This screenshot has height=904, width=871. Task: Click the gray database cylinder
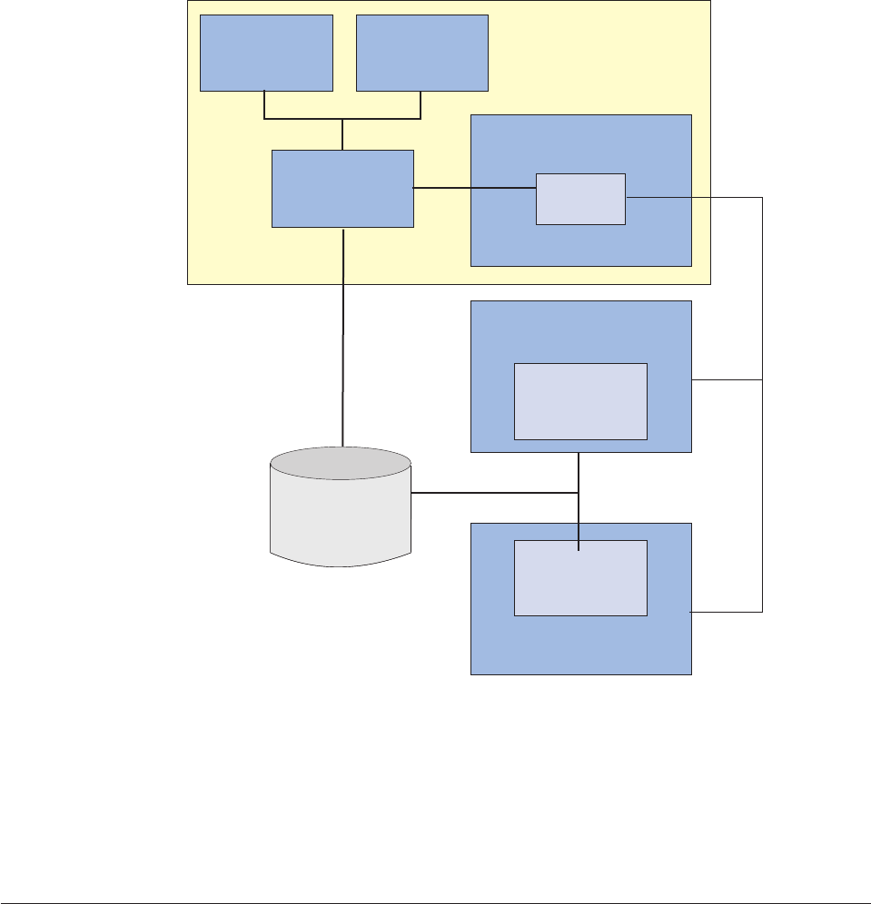[x=341, y=517]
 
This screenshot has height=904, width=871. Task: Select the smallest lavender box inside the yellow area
[x=580, y=198]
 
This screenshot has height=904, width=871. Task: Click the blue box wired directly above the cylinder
[x=342, y=188]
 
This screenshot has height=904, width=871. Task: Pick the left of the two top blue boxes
[x=266, y=53]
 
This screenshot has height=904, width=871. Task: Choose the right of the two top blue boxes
[x=422, y=53]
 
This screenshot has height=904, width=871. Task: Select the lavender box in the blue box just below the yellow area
[x=580, y=401]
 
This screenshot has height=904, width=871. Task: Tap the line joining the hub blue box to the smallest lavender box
[x=474, y=189]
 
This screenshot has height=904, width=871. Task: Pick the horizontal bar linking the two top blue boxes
[x=342, y=119]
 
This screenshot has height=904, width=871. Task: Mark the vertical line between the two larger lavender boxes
[x=579, y=472]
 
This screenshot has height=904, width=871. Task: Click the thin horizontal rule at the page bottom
[x=435, y=880]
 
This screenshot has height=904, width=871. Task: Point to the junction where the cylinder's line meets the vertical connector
[x=579, y=494]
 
